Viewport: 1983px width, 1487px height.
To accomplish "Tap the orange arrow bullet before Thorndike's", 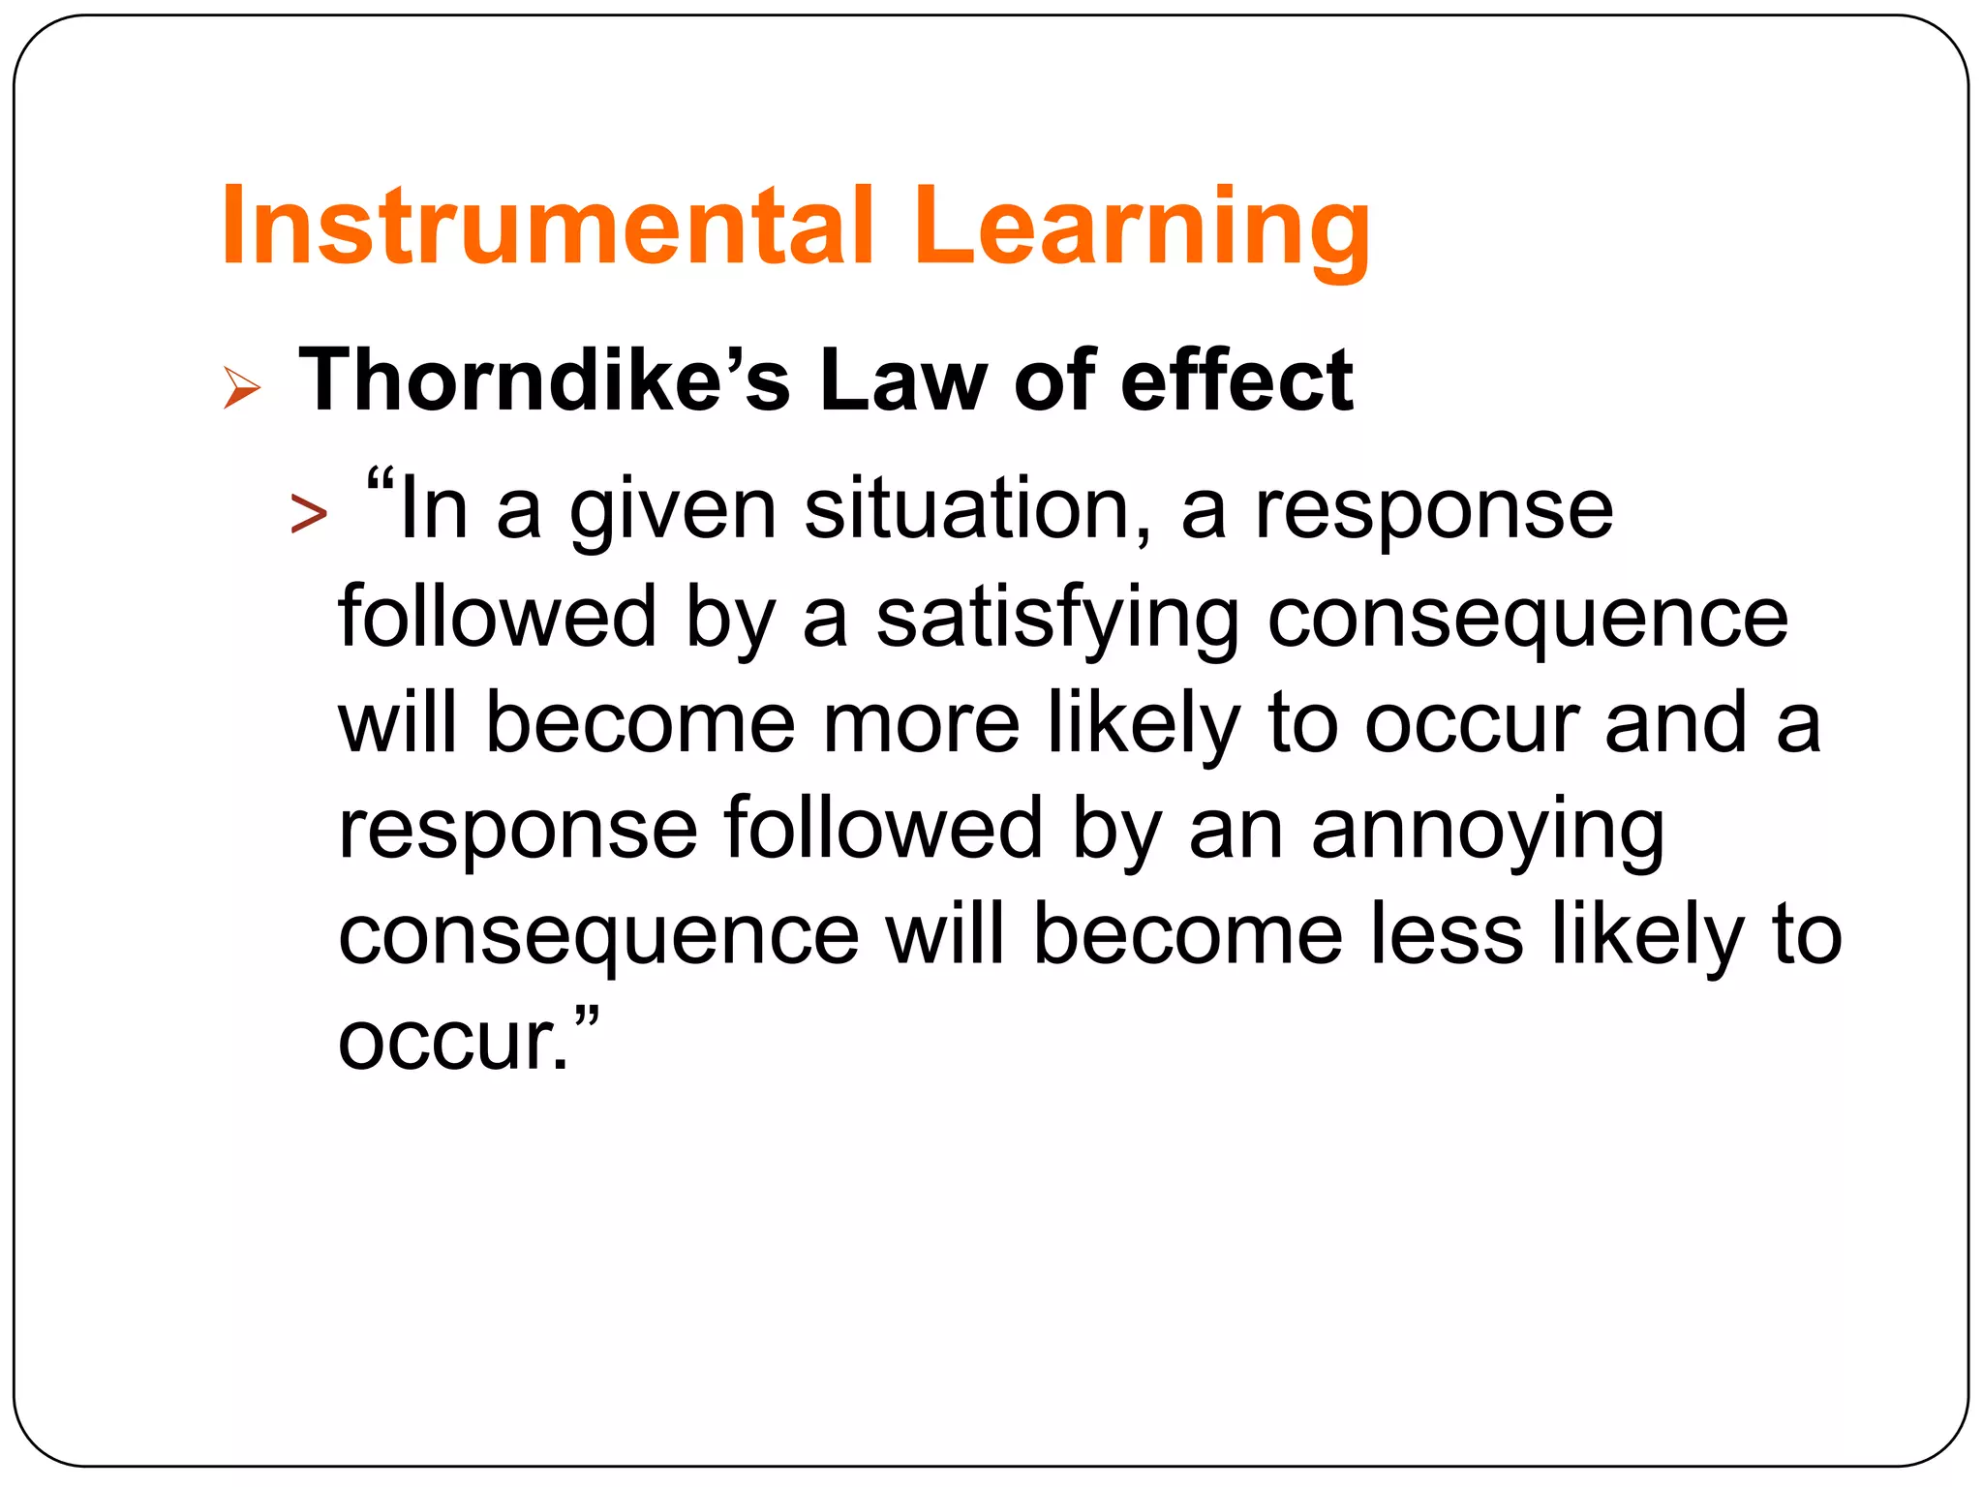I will [241, 387].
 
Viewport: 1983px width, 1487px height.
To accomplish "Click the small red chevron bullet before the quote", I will [309, 515].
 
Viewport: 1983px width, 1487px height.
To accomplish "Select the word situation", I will [979, 509].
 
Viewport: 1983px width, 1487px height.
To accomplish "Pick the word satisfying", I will [1057, 620].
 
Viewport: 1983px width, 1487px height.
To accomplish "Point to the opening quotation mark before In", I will [381, 480].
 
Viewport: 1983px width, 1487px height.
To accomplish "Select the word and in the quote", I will [1676, 723].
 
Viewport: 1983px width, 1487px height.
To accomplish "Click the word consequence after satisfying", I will [1527, 620].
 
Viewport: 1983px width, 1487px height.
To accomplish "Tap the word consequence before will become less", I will [598, 937].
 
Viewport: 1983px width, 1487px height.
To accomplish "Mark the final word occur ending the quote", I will [450, 1042].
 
